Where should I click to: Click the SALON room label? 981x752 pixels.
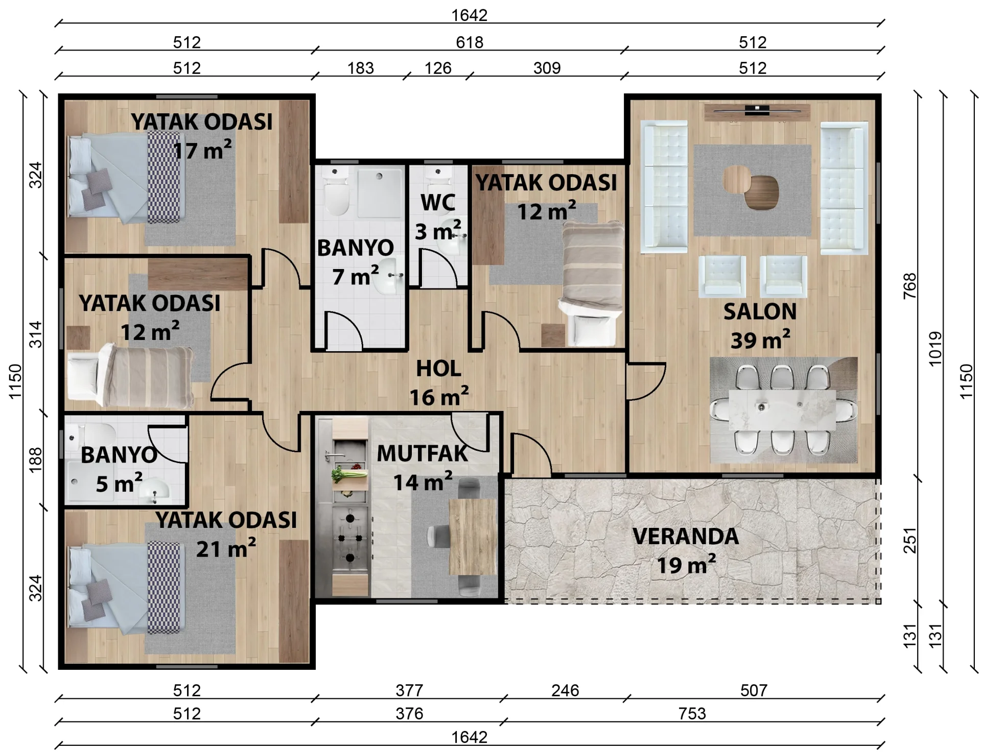tap(760, 311)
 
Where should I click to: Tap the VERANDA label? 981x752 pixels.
tap(686, 536)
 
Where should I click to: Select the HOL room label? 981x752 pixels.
tap(438, 369)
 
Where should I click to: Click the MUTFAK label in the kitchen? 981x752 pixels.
tap(422, 453)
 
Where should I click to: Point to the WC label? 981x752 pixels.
tap(438, 203)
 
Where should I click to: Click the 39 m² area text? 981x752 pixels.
tap(760, 340)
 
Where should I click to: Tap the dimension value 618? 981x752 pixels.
tap(470, 42)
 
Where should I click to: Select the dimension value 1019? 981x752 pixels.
tap(935, 349)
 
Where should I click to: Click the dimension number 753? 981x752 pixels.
tap(692, 713)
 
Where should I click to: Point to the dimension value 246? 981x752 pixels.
tap(565, 690)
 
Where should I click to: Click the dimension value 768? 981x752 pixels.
tap(910, 286)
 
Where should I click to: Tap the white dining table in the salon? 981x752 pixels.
tap(782, 409)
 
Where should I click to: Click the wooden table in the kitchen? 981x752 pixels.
tap(473, 537)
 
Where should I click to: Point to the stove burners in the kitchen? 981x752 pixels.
tap(350, 538)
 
